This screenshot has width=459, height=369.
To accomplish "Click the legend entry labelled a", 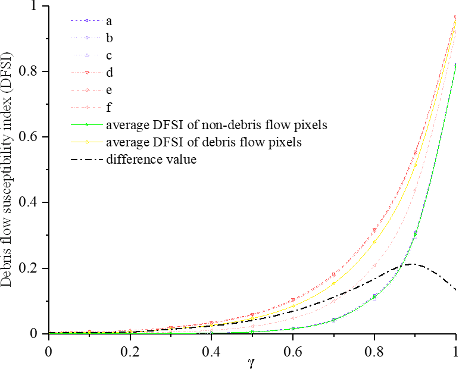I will click(110, 21).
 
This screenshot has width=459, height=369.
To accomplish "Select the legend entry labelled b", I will click(110, 38).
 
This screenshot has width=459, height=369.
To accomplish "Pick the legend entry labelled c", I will click(110, 55).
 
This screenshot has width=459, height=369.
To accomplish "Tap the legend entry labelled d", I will click(110, 73).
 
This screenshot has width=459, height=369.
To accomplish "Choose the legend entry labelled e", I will click(110, 90).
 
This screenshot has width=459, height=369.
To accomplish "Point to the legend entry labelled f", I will click(110, 108).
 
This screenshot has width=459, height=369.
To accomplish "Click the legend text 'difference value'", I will click(151, 160).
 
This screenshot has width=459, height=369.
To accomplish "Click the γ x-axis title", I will click(252, 361).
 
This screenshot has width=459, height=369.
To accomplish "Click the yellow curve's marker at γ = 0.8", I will click(374, 240).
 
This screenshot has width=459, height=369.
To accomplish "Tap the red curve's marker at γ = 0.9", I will click(415, 153).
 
